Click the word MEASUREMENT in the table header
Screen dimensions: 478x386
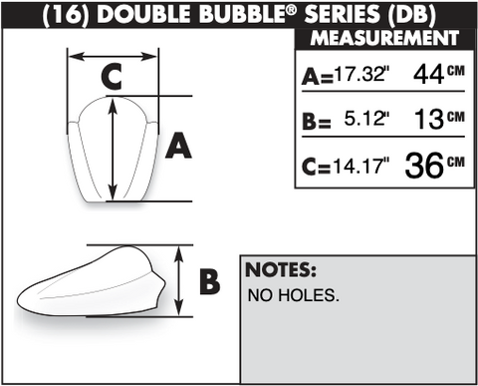point(384,38)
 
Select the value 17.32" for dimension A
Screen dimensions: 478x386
point(360,74)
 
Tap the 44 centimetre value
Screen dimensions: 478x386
point(428,75)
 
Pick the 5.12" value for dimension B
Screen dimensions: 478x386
point(366,119)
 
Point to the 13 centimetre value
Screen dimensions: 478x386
point(429,119)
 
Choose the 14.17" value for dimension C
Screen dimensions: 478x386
point(361,166)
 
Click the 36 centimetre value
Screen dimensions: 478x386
point(424,166)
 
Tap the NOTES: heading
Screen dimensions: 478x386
point(281,269)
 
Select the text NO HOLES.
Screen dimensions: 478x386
point(294,295)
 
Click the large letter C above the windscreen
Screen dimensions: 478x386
point(112,77)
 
